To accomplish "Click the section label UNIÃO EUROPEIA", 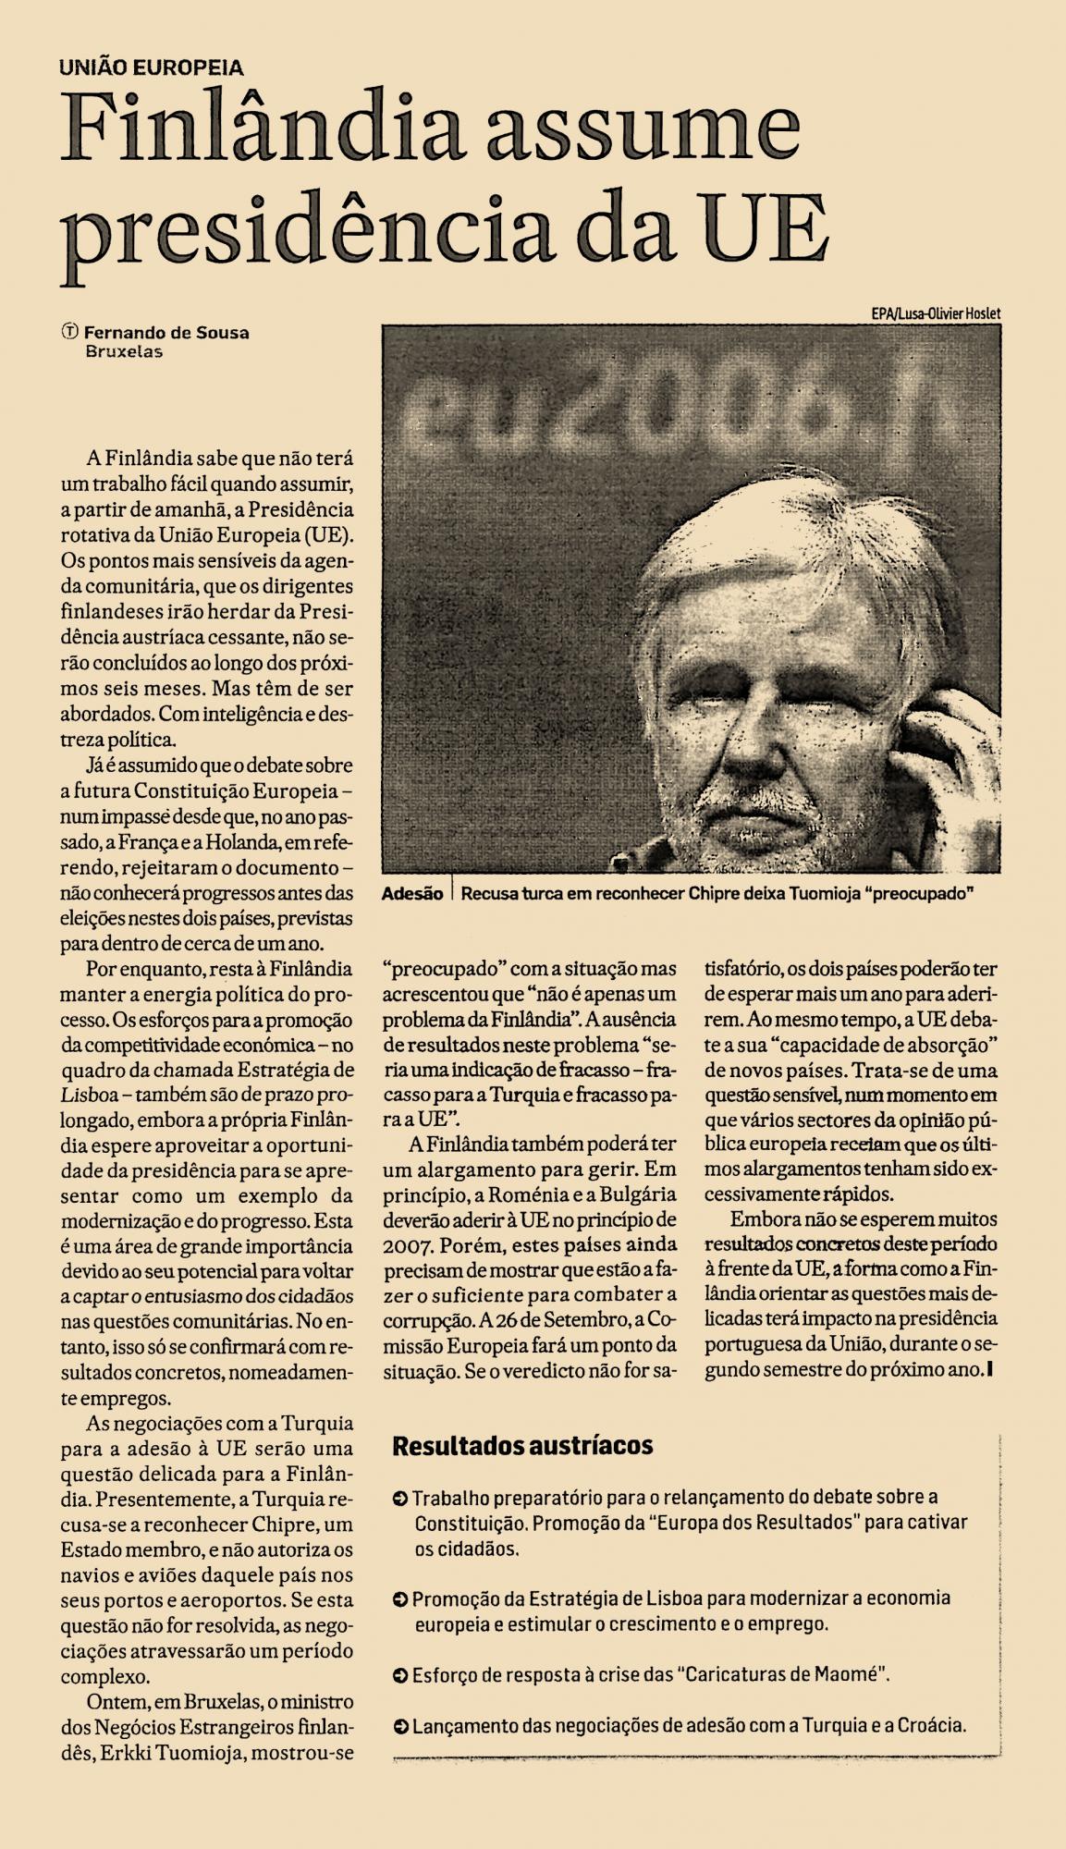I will [x=151, y=67].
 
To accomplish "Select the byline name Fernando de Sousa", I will [x=166, y=333].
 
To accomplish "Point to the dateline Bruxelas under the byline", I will [x=123, y=351].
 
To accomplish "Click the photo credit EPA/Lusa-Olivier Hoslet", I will [x=935, y=313].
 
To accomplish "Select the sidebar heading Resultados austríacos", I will [x=522, y=1445].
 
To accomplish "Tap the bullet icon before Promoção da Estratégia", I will [x=400, y=1598].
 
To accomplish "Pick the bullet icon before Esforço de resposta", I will [x=400, y=1674].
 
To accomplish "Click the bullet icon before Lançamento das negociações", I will [x=400, y=1725].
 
